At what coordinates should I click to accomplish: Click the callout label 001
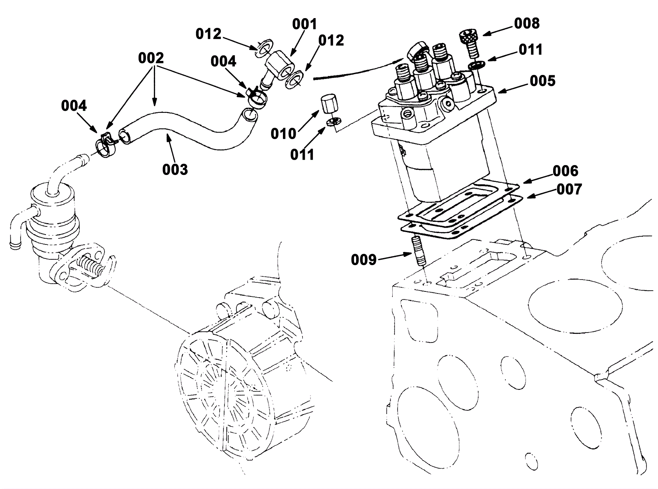(305, 24)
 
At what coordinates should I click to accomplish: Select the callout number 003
(175, 170)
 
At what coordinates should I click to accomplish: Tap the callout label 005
(542, 81)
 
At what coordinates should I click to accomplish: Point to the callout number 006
(565, 171)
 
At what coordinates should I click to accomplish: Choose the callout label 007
(569, 189)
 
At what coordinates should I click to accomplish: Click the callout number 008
(527, 23)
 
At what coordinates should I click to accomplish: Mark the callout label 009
(364, 260)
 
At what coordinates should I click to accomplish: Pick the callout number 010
(283, 134)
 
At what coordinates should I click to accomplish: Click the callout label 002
(151, 58)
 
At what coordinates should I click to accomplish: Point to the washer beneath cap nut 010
(333, 121)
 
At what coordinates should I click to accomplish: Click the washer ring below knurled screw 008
(477, 65)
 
